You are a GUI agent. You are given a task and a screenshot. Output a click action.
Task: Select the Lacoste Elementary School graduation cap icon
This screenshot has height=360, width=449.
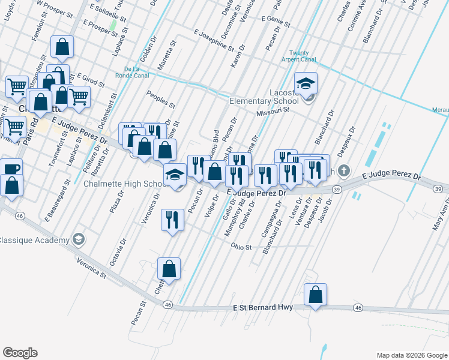coord(306,82)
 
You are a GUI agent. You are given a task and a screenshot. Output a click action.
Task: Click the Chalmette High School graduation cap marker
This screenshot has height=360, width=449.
coord(175,174)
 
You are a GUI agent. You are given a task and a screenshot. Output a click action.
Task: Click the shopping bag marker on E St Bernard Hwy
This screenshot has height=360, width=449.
coord(315,295)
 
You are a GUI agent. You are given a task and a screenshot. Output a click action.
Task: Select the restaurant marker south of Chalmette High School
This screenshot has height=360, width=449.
coord(173,220)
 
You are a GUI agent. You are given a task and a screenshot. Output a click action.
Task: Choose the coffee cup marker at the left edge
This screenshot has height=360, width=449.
coord(9,168)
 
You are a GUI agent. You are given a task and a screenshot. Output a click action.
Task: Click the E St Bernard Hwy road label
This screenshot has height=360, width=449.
coord(263,307)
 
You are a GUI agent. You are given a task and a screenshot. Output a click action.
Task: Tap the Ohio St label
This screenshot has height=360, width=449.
coord(241,246)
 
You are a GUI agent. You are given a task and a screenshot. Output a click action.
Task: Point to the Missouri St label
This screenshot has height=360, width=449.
coord(268,112)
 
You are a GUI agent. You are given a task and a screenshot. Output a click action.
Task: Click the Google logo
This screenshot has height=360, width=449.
coord(20,352)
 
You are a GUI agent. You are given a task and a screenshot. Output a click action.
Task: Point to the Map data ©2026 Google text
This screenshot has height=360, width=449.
coord(411,355)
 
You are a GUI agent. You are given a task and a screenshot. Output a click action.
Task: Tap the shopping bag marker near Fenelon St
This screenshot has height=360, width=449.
coord(62,47)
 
